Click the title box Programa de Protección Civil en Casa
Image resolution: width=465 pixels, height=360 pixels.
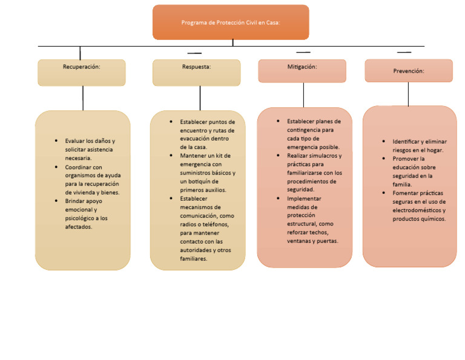[x=231, y=22]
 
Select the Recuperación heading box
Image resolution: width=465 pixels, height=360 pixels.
[x=82, y=72]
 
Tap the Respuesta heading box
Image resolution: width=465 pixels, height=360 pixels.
[x=196, y=72]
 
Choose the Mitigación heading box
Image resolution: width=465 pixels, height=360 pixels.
[x=302, y=71]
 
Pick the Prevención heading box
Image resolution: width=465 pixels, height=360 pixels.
[x=409, y=70]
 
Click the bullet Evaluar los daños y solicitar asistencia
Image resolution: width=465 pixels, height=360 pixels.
[x=90, y=149]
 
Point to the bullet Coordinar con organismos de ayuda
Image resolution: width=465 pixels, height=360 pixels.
[x=92, y=179]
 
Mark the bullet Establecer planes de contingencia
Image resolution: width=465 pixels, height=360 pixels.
[x=314, y=134]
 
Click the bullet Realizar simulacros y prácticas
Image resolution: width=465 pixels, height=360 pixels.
[x=314, y=172]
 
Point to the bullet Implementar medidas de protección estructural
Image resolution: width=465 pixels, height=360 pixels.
[x=310, y=219]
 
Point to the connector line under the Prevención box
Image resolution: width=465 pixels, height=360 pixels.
[x=408, y=94]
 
